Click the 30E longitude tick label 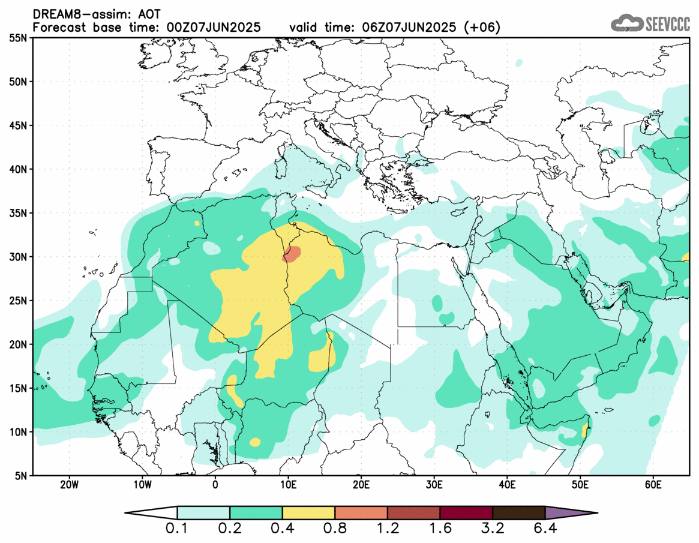(434, 485)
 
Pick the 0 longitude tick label (215, 485)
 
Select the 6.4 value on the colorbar (545, 530)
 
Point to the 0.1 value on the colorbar (178, 530)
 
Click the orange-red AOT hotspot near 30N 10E (292, 254)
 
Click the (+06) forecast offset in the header (483, 28)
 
